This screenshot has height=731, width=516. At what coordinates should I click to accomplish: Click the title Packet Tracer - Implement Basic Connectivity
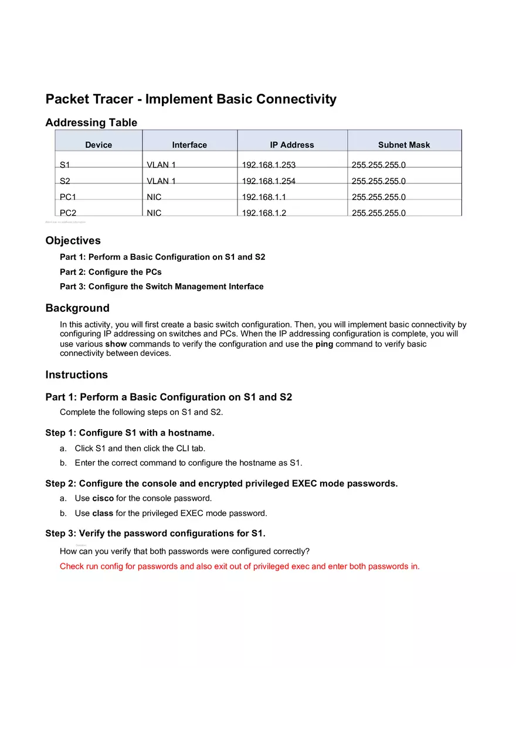coord(191,99)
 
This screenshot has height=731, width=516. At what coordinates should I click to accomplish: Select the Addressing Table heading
coord(91,123)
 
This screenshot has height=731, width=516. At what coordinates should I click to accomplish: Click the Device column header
coord(99,145)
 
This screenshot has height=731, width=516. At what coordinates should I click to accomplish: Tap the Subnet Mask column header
coord(404,145)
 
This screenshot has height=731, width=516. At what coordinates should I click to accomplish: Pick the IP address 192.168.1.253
coord(269,165)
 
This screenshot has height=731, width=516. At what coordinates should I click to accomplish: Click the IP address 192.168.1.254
coord(269,181)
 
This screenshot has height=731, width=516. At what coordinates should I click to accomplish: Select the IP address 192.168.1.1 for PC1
coord(264,197)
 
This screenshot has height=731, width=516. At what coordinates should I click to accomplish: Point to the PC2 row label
coord(68,213)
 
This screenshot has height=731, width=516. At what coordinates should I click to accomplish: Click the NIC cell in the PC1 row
coord(154,197)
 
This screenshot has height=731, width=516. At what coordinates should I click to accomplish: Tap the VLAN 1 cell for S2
coord(161,181)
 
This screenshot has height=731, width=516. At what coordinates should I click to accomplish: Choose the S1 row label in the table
coord(64,165)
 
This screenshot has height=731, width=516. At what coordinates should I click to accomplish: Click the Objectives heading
coord(73,240)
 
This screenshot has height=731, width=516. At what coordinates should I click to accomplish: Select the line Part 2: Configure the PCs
coord(111,272)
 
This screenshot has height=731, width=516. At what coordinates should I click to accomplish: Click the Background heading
coord(77,308)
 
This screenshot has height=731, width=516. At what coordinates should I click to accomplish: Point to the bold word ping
coord(324,344)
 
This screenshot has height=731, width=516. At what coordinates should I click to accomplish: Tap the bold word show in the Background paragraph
coord(116,344)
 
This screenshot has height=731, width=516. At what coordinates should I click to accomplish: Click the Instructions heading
coord(76,375)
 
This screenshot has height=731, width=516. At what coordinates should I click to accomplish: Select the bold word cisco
coord(103,498)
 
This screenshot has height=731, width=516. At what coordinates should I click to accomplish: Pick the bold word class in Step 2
coord(103,513)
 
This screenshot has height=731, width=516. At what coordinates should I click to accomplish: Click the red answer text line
coord(239,566)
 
